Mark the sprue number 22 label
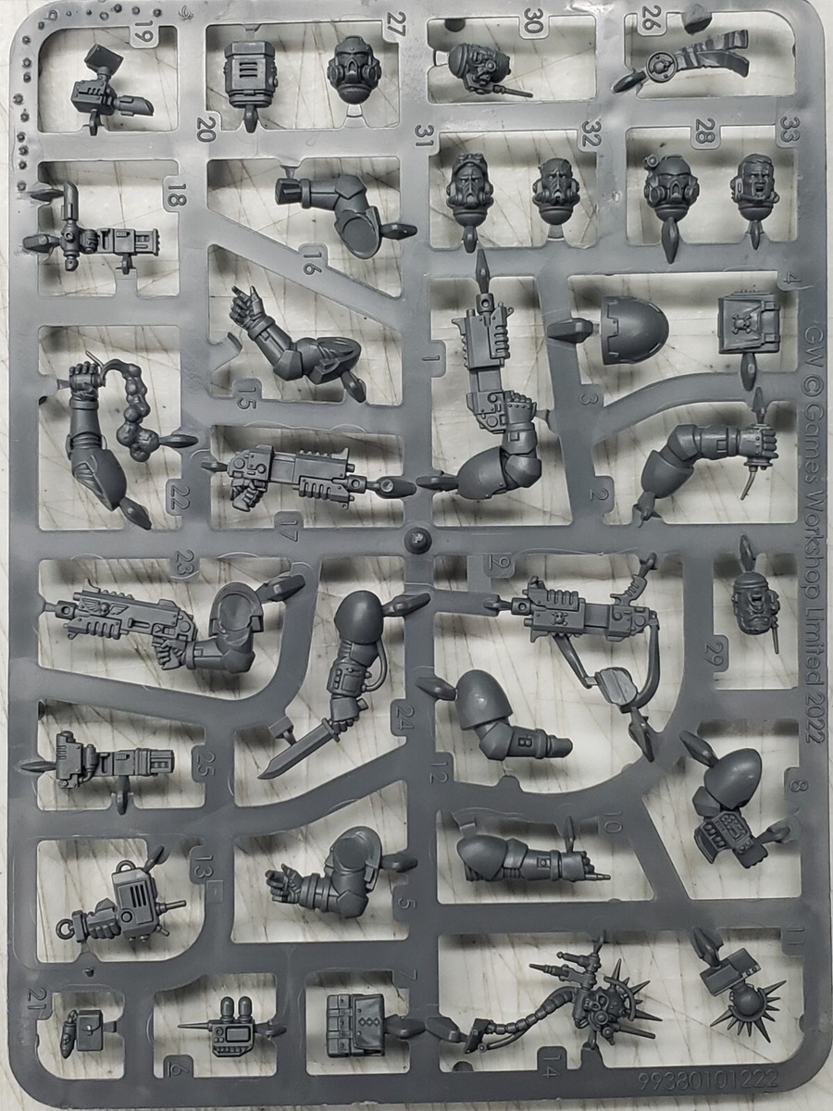[x=179, y=496]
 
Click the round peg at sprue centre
[x=418, y=538]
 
